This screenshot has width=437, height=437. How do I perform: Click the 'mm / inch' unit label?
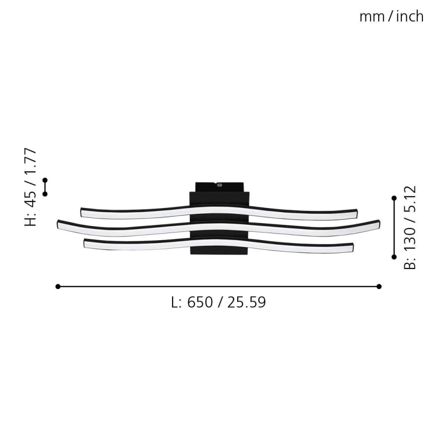[391, 17]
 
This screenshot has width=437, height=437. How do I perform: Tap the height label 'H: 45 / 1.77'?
[31, 187]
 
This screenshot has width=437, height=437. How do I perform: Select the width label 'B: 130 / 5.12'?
[411, 228]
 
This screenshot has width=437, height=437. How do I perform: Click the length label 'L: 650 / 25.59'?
[218, 302]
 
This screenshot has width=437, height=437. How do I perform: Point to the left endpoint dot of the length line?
[58, 286]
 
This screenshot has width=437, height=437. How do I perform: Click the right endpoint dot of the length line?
[379, 286]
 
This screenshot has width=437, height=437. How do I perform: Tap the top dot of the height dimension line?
[45, 180]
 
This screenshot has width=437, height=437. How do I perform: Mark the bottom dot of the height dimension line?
[45, 194]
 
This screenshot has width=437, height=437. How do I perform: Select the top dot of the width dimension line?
[394, 198]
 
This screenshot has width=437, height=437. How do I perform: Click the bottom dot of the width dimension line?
[394, 257]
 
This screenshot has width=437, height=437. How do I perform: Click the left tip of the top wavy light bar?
[83, 212]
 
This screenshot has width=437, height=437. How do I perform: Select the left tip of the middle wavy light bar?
[59, 224]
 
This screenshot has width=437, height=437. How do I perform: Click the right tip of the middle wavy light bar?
[378, 223]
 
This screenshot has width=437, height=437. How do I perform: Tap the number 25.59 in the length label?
[246, 302]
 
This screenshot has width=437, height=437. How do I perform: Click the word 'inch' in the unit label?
[409, 17]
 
